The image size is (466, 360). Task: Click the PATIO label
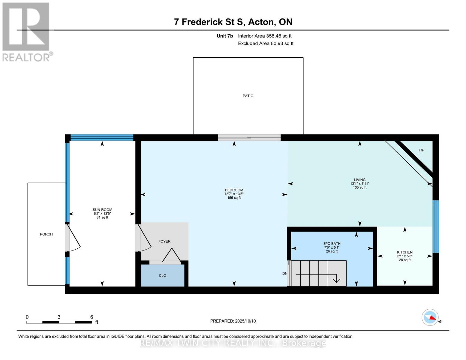pos(248,96)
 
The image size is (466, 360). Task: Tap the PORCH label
pos(46,234)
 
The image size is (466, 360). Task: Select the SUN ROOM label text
pos(102,210)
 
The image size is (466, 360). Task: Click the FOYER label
pos(164,241)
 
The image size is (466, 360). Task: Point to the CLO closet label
pos(162,275)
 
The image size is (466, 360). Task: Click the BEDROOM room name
pos(234,190)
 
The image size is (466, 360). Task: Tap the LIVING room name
pos(360,180)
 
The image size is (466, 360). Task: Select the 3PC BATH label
pos(332,244)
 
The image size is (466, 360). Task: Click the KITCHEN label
pos(405,252)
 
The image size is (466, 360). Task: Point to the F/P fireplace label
pos(421,150)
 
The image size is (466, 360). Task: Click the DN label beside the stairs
pos(285,273)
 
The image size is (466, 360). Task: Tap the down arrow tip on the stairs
pos(336,282)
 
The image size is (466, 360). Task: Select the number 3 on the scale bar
pos(59,317)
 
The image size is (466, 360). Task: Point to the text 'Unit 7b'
pos(225,36)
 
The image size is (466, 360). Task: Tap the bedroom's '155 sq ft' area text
pos(234,198)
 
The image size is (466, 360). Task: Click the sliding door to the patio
pos(249,137)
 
